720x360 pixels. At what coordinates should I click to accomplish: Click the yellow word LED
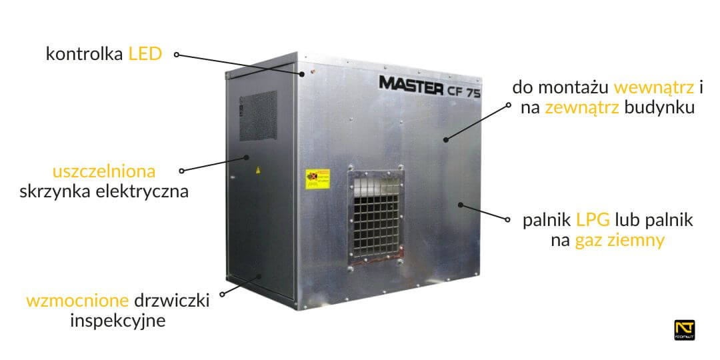[145, 54]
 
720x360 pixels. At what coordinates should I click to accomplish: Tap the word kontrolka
[85, 54]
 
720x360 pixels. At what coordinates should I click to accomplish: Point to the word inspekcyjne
[117, 321]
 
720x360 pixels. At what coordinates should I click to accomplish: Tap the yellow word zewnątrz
[582, 109]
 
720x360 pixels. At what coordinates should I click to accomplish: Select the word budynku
[660, 109]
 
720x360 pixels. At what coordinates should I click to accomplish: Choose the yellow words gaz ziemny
[619, 241]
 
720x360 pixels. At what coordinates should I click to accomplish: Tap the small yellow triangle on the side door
[258, 171]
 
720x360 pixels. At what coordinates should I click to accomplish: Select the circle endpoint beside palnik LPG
[509, 219]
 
